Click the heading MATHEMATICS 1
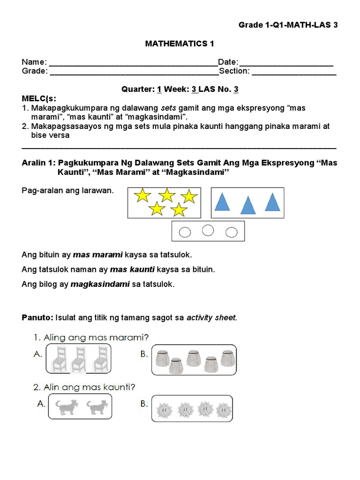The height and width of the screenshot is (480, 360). coord(180,44)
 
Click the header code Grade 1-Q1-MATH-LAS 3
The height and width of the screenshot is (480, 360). coord(288,25)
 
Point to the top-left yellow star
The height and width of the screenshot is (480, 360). coord(142,195)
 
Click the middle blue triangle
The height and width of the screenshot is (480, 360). coord(247,205)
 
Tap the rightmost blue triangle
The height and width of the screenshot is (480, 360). coord(272,202)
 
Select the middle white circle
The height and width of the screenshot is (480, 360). coord(208,230)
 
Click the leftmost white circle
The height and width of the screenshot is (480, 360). coord(186,232)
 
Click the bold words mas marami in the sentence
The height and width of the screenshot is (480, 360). coord(98,255)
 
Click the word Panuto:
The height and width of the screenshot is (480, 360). coord(37,318)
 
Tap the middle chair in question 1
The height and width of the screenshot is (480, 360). coord(78,360)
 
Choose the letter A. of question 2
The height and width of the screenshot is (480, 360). coord(41,403)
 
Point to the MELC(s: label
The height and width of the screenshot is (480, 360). coord(39,98)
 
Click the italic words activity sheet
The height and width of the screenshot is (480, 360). coord(211,318)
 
